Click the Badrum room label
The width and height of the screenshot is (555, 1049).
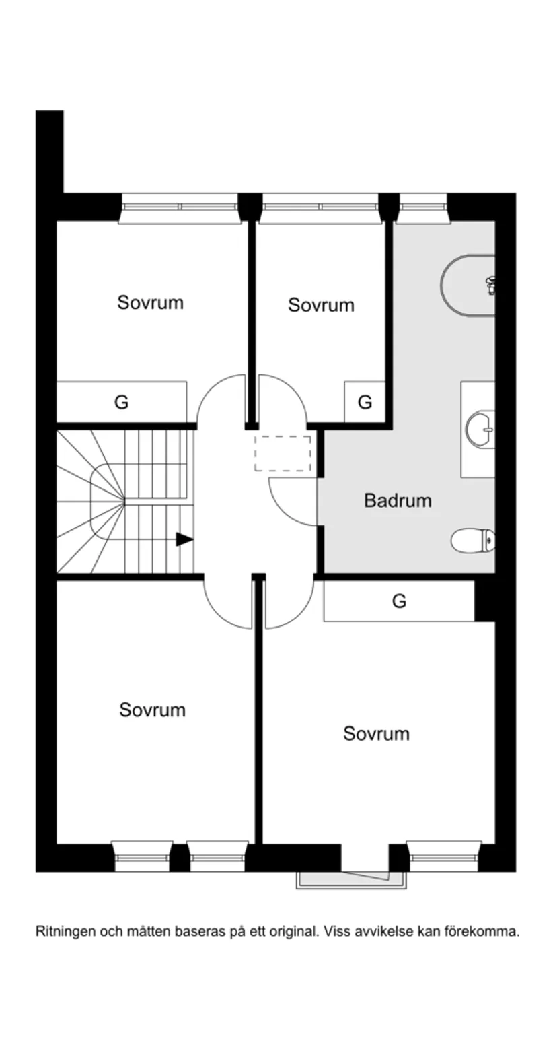click(x=398, y=500)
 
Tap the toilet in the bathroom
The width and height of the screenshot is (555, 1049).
click(x=473, y=541)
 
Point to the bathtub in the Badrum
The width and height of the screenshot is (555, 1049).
click(x=468, y=285)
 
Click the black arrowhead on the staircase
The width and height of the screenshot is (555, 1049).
click(x=184, y=539)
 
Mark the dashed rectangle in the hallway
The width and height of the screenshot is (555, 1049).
click(x=283, y=453)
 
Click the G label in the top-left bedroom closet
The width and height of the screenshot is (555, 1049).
click(x=121, y=402)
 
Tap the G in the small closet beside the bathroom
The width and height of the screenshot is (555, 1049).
click(x=365, y=402)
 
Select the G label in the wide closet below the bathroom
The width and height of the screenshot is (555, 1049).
click(x=399, y=601)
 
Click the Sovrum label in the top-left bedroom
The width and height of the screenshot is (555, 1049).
click(x=150, y=302)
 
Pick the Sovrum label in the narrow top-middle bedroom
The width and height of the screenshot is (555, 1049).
click(x=321, y=305)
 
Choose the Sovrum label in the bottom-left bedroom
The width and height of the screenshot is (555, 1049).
click(x=152, y=710)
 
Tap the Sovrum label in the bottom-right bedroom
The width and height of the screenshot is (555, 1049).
click(x=376, y=733)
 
